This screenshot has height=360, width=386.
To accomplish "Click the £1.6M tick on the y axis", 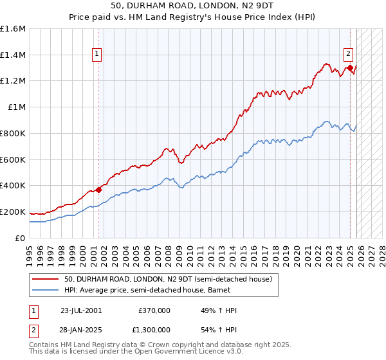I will pos(13,29).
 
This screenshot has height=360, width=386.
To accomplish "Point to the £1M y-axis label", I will pos(15,107).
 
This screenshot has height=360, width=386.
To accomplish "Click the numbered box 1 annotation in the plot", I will pos(97,55).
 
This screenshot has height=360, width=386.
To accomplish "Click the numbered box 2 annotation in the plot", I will pos(347,55).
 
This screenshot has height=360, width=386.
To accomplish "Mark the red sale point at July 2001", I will pos(98,189).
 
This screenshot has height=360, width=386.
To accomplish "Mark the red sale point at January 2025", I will pos(350,67).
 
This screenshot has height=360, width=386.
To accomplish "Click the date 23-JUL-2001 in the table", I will pos(80,310).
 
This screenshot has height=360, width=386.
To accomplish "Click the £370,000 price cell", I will pos(154,310).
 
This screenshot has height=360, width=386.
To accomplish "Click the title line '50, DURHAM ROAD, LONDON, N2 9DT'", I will pos(193,6).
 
